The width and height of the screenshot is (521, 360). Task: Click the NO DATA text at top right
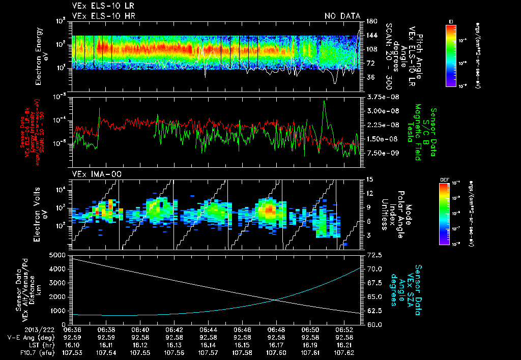click(342, 16)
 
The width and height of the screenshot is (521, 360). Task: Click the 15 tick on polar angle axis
click(368, 179)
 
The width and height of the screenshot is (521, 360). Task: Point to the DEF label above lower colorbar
click(443, 180)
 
